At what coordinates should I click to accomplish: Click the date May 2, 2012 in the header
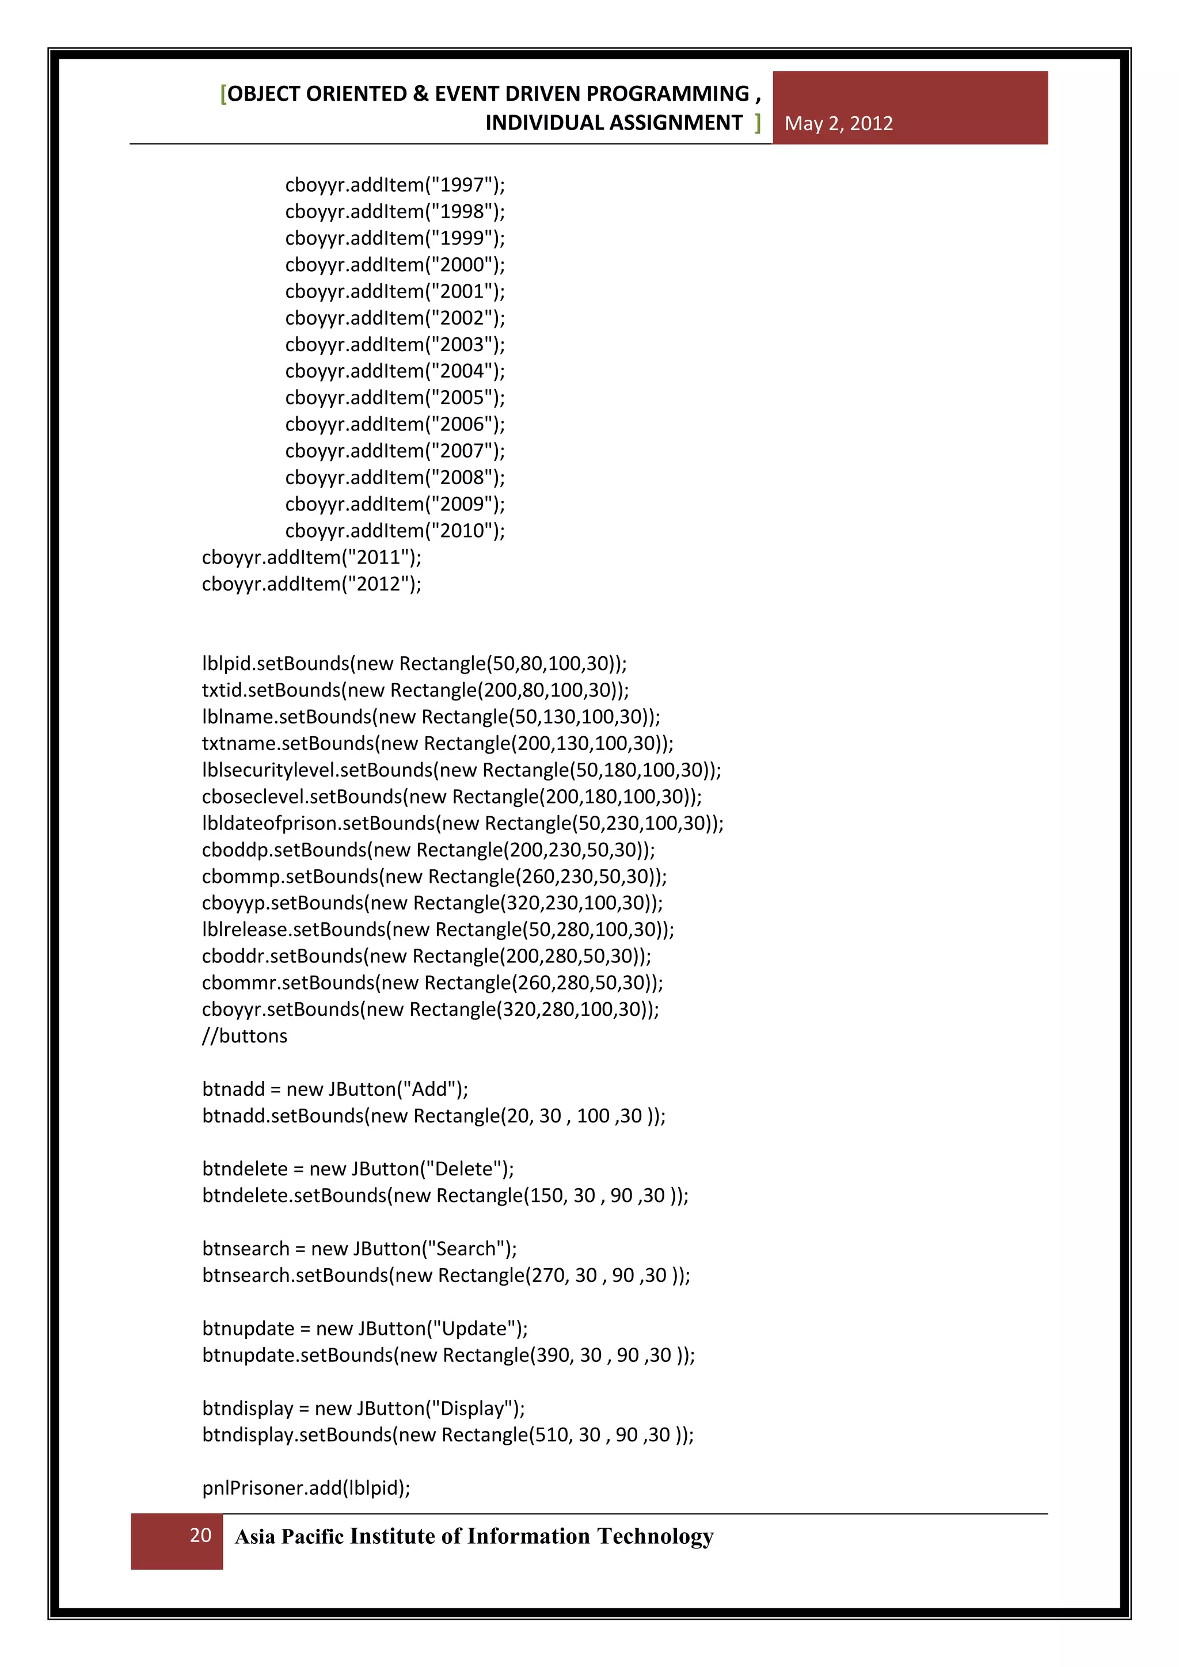pos(839,123)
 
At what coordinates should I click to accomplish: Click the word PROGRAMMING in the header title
pos(667,94)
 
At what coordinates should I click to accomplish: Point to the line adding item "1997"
pos(395,185)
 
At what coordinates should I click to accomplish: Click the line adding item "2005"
pos(395,398)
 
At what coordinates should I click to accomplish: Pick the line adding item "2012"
pos(311,584)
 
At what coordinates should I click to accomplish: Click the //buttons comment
pos(245,1036)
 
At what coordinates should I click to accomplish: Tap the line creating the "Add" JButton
pos(336,1089)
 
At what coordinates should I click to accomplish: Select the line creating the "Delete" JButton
pos(358,1169)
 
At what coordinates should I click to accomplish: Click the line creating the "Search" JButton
pos(359,1249)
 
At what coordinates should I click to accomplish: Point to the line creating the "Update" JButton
pos(365,1329)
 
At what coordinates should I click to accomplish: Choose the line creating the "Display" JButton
pos(364,1409)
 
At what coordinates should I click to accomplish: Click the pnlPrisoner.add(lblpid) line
pos(306,1489)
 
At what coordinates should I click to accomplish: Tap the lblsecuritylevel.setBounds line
pos(462,770)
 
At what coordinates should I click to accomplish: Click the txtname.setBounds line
pos(438,744)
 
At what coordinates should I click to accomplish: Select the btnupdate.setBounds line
pos(448,1356)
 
